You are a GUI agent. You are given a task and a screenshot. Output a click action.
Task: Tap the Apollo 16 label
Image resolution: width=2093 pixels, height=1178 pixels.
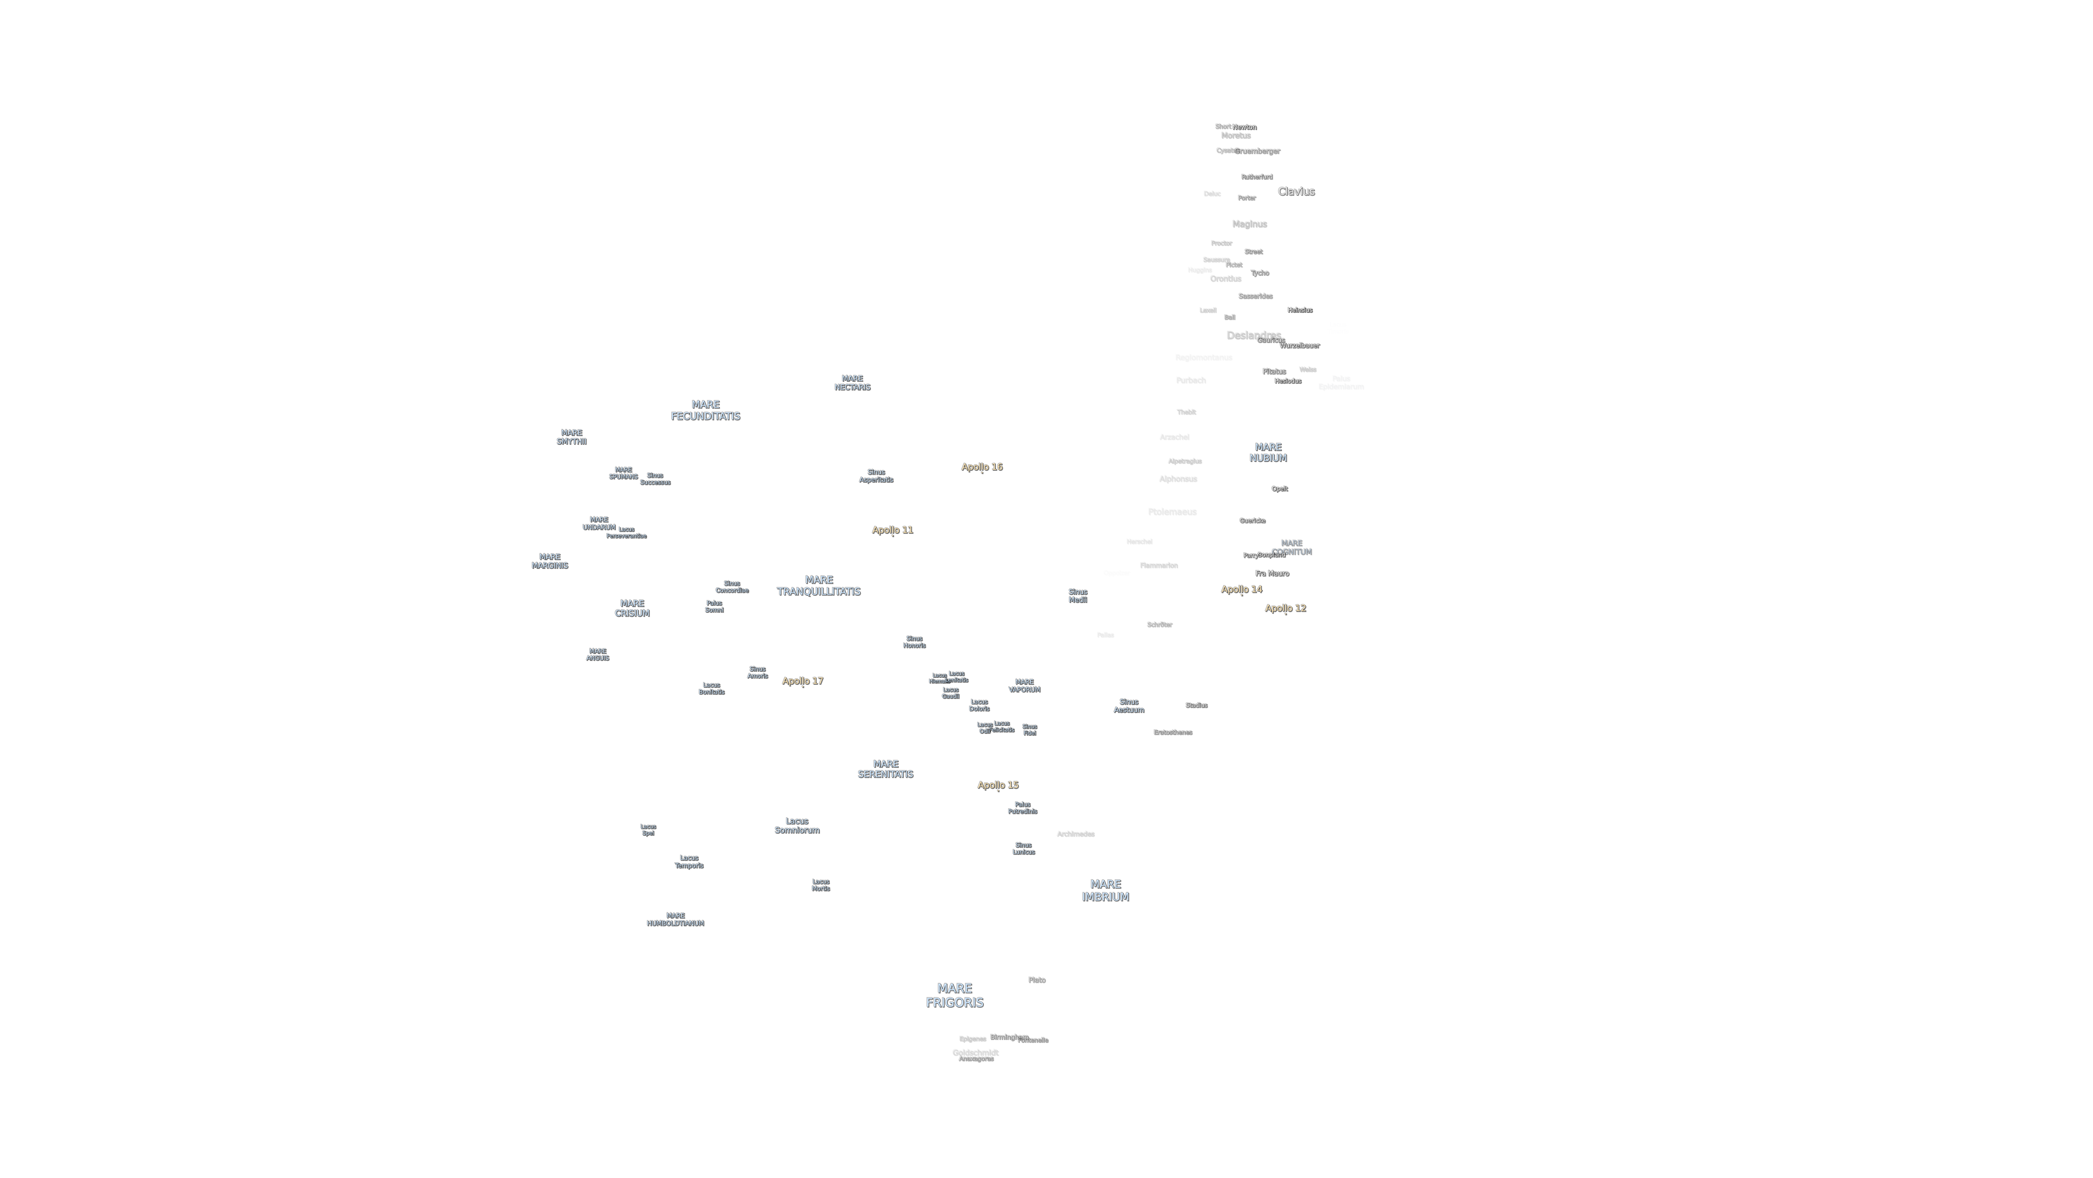coord(981,466)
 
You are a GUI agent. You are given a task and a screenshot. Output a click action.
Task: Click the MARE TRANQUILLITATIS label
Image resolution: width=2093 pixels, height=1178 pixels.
coord(818,585)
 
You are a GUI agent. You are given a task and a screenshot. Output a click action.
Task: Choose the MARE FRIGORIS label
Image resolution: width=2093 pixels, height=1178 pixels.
coord(954,995)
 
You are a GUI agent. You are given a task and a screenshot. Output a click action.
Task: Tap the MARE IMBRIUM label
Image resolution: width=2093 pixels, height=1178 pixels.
coord(1105,890)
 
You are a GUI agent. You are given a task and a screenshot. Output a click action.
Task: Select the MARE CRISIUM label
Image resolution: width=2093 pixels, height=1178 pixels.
coord(631,608)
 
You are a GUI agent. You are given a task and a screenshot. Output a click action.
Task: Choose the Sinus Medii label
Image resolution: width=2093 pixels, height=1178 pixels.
coord(1077,596)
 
